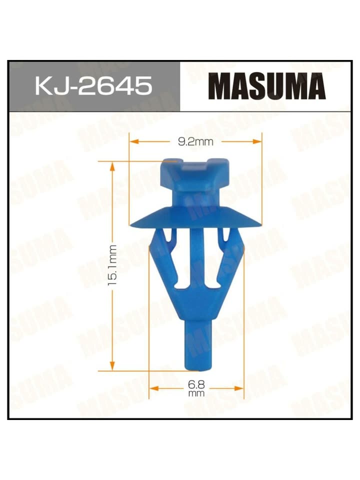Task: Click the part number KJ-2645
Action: click(93, 85)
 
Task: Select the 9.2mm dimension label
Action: click(195, 141)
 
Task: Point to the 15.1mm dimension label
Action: click(112, 265)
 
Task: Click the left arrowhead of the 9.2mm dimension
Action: click(134, 141)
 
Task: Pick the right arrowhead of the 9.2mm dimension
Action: click(257, 141)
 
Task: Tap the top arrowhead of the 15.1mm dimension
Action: click(112, 166)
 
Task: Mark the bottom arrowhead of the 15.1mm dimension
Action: click(112, 365)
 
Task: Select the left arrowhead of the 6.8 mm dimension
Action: click(154, 388)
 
